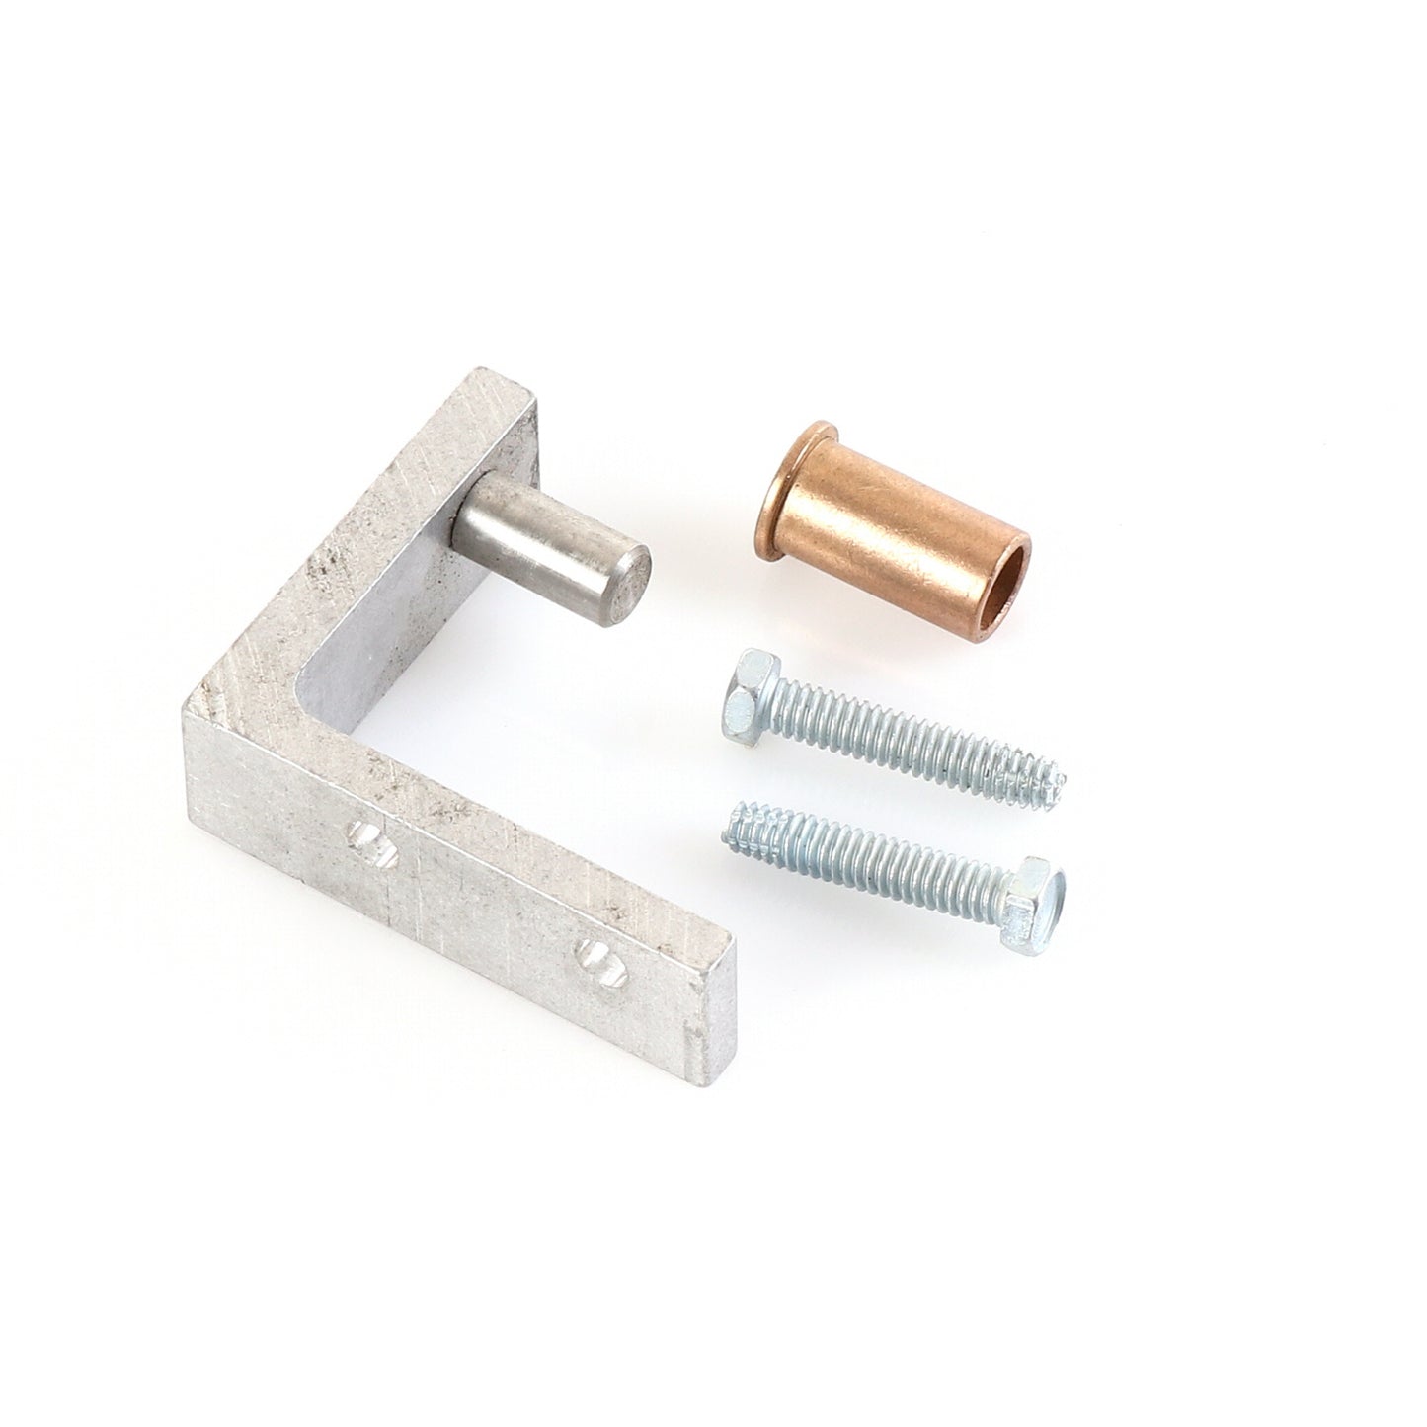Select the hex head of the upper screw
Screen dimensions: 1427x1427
[747, 681]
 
